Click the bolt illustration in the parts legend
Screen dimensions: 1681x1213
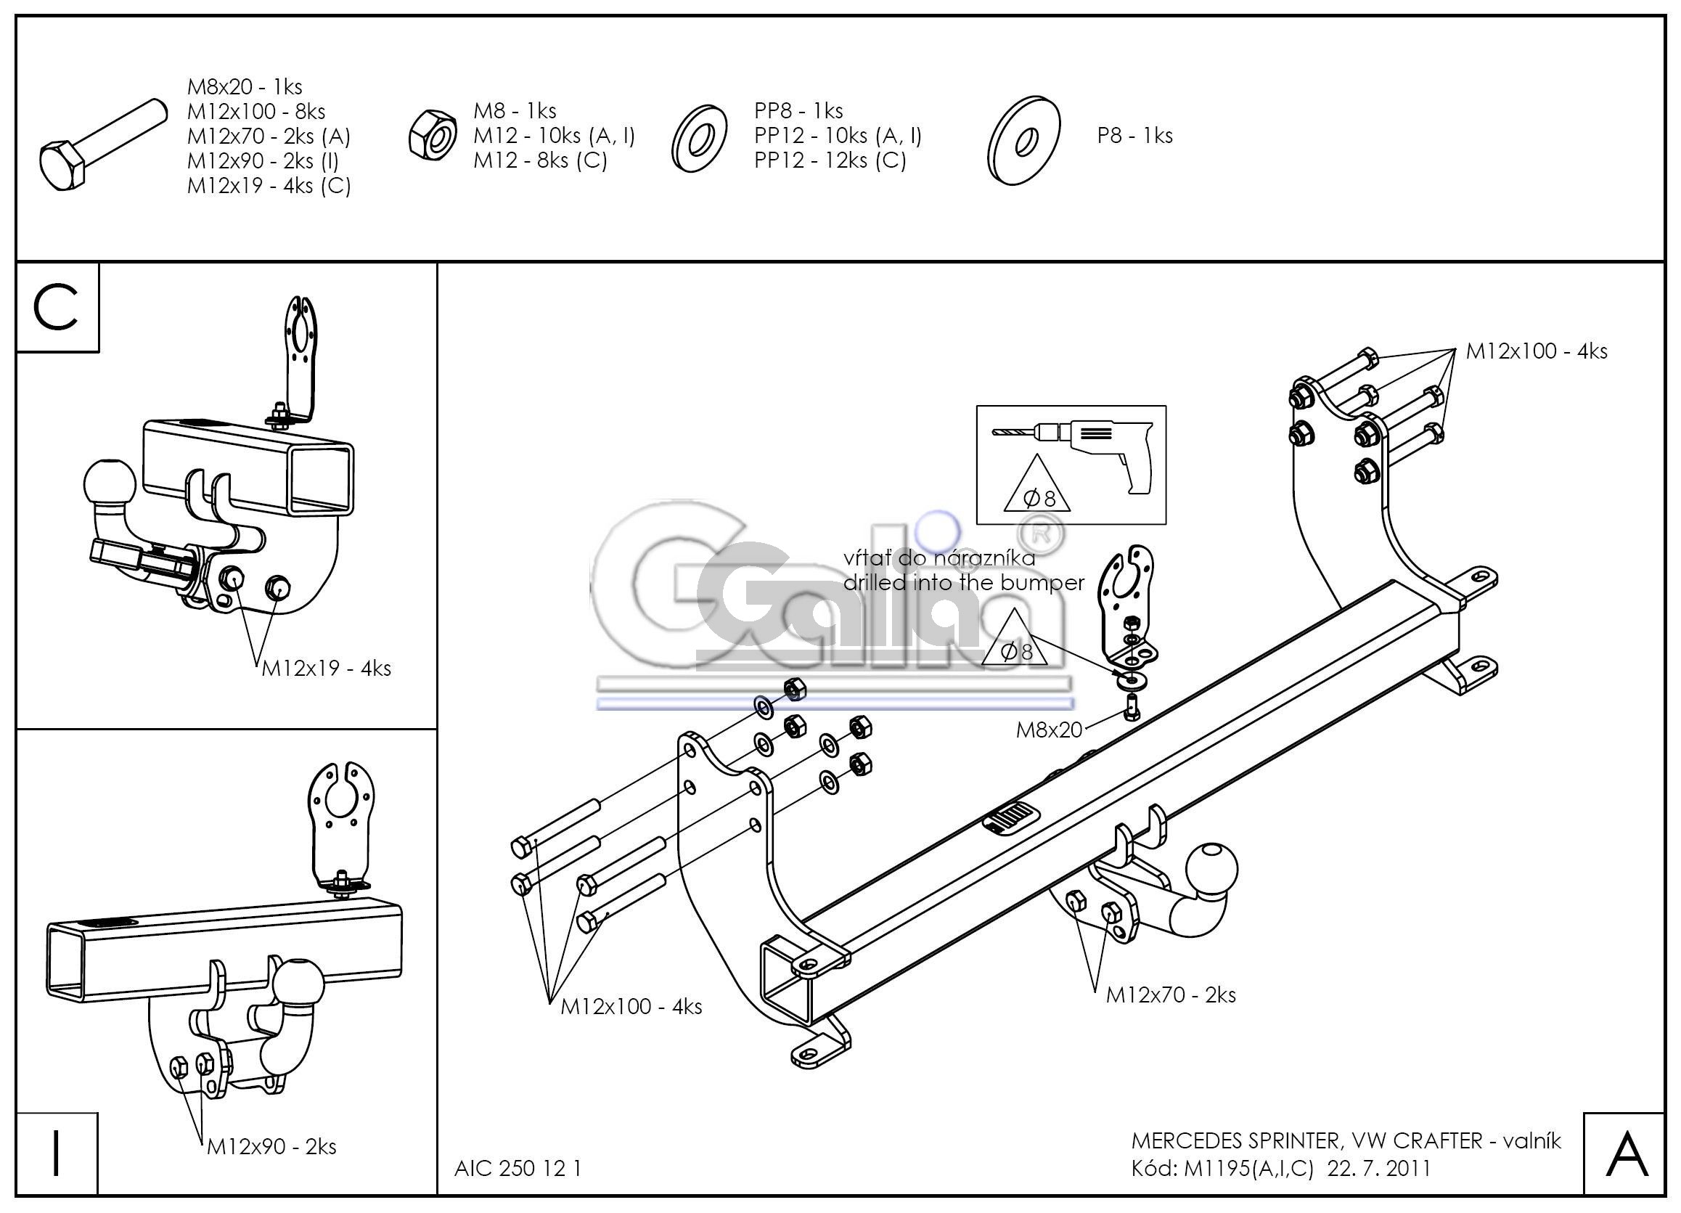(x=102, y=144)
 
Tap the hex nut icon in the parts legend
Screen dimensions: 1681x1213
(x=432, y=134)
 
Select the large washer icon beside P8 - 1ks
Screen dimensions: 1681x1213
(x=1024, y=139)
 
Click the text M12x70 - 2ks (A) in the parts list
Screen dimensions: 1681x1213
(x=269, y=136)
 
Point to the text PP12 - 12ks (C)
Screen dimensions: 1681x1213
(x=830, y=160)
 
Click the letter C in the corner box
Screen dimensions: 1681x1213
(x=57, y=307)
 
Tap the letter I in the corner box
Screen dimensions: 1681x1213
(x=56, y=1155)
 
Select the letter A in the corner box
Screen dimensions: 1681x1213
(x=1626, y=1155)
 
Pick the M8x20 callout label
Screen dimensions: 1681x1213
(x=1049, y=730)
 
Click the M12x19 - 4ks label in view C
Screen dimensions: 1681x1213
(x=326, y=668)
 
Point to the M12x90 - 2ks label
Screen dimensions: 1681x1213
(x=271, y=1146)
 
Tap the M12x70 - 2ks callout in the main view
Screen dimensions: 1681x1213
(x=1171, y=995)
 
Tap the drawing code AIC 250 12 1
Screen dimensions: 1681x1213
(x=518, y=1168)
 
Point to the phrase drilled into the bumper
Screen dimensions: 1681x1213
(x=964, y=583)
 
